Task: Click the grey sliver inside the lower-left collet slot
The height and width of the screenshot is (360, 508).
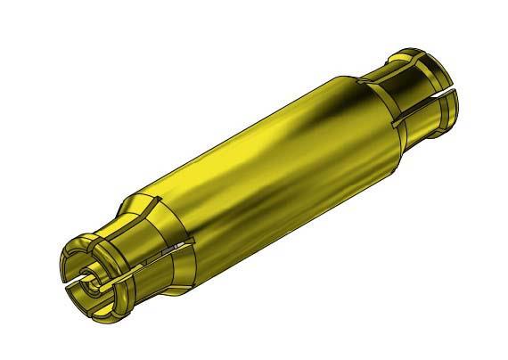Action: pos(183,243)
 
